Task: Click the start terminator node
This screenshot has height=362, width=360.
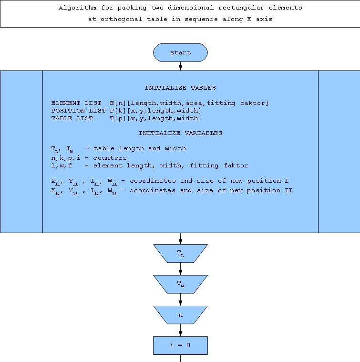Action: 180,52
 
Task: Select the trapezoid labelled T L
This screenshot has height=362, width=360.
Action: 180,254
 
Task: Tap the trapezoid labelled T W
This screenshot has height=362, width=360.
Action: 180,284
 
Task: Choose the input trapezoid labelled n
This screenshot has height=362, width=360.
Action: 180,315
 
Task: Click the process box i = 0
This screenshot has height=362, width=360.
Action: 180,345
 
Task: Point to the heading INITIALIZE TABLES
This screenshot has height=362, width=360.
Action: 180,88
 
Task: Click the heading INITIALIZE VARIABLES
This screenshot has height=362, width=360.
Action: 180,133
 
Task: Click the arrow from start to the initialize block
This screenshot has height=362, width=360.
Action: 180,66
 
